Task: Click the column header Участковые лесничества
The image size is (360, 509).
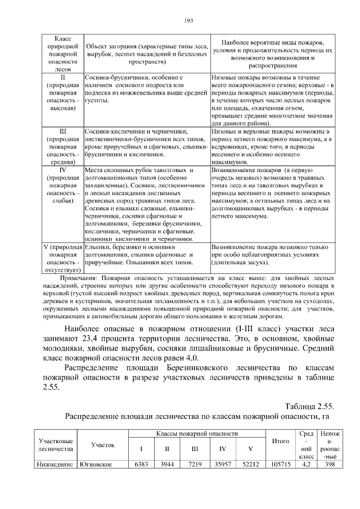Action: coord(55,444)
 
